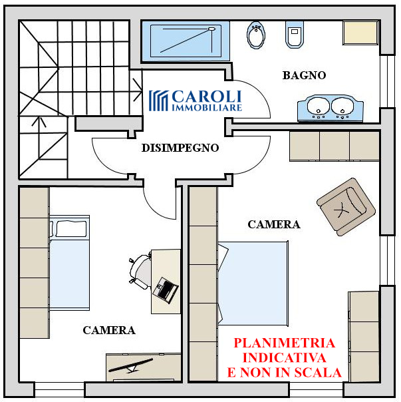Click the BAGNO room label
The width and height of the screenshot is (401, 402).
304,75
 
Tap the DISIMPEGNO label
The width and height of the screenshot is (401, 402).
180,148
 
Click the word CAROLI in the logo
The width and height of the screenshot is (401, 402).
207,96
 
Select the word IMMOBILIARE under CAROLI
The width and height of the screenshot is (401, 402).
207,106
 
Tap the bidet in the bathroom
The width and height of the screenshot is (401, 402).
255,35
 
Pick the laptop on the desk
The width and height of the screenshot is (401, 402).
166,289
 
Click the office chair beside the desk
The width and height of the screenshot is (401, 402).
140,272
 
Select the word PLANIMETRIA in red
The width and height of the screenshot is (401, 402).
284,344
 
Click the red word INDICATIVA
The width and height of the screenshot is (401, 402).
284,358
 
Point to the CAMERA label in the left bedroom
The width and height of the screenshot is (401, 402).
109,330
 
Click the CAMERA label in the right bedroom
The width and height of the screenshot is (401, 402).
273,224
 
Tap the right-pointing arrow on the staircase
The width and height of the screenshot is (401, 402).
136,85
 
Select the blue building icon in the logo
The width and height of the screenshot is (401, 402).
158,100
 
